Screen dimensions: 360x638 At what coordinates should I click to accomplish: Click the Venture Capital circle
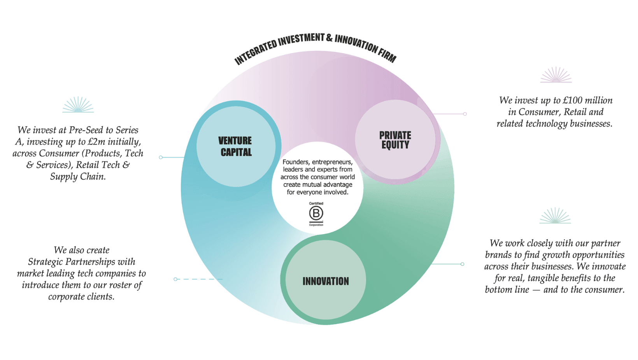click(236, 146)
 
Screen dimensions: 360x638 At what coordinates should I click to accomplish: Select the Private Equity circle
click(395, 139)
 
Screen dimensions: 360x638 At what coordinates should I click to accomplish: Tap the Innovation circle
click(326, 281)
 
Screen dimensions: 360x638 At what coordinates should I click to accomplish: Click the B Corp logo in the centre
click(316, 214)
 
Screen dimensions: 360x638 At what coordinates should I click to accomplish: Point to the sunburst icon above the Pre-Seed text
click(78, 105)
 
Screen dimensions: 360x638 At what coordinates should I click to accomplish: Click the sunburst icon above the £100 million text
click(556, 75)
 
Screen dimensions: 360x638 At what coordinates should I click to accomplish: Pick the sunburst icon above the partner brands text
click(555, 216)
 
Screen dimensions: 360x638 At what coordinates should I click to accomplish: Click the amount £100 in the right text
click(573, 101)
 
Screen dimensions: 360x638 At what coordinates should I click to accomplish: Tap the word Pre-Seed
click(85, 130)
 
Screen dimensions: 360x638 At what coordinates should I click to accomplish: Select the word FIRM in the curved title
click(387, 56)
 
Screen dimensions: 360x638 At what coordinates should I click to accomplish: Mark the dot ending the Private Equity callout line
click(465, 114)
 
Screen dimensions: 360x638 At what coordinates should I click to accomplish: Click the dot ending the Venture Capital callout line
click(161, 157)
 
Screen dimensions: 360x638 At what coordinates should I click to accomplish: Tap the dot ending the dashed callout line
click(175, 279)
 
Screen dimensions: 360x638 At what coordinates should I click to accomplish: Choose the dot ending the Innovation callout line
click(463, 264)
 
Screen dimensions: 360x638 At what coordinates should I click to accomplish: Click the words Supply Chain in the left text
click(78, 177)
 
